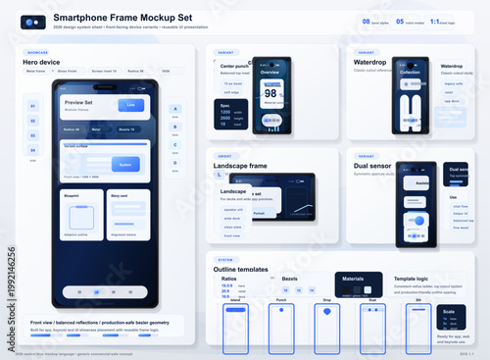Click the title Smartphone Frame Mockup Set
pos(137,19)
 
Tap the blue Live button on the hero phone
pos(131,105)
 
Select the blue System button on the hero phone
pos(125,165)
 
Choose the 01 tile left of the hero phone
pos(32,105)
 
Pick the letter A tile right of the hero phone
pos(174,110)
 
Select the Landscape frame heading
pos(240,166)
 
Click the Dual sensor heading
pos(372,166)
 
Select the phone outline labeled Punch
pos(281,322)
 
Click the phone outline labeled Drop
pos(325,322)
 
